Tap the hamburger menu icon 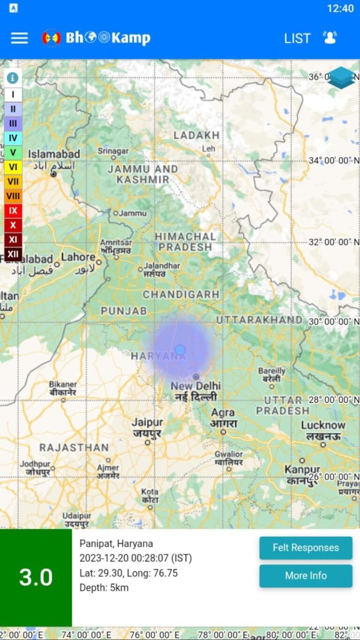pos(19,38)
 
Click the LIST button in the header pos(297,38)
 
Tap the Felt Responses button pos(306,548)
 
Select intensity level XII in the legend pos(13,254)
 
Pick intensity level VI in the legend pos(13,167)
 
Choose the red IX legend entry pos(13,211)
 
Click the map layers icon pos(341,78)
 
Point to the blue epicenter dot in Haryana pos(180,350)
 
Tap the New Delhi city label pos(195,386)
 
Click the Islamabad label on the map pos(54,154)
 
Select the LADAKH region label pos(196,136)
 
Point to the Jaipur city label pos(147,422)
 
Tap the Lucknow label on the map pos(323,425)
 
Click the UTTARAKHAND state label pos(259,320)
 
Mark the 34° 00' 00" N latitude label pos(334,161)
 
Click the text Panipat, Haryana pos(116,544)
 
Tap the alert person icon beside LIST pos(330,38)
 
